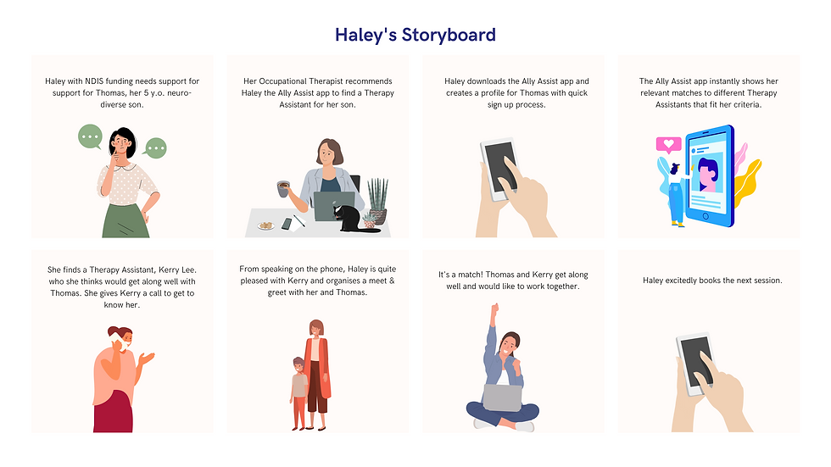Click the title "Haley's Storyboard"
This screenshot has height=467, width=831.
(415, 35)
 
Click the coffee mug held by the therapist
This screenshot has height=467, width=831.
(283, 188)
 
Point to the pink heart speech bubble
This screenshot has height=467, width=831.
(668, 145)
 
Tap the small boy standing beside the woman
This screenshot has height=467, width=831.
(298, 390)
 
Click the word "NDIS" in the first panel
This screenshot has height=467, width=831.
(96, 82)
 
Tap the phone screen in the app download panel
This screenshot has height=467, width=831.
(503, 166)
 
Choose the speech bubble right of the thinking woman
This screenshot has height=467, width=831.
(156, 148)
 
